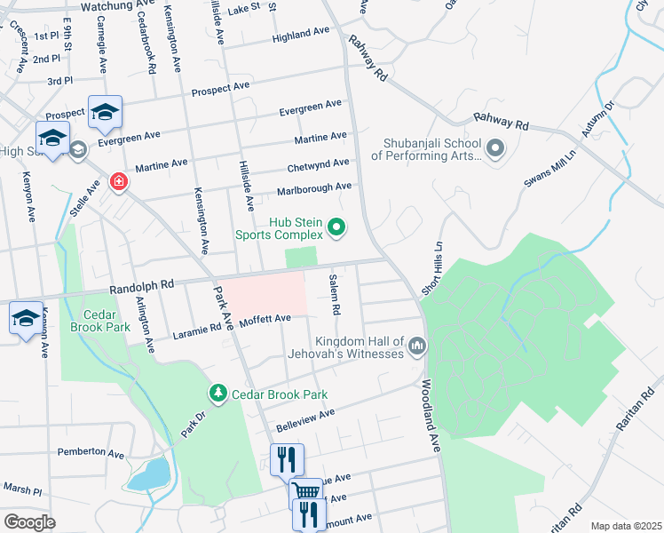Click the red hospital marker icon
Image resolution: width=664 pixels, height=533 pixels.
117,182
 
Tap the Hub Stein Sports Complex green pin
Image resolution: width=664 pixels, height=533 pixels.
336,228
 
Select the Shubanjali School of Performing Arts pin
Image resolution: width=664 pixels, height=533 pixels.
494,148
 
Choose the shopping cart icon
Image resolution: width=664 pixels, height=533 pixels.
306,491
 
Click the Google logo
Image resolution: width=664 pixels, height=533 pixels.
29,521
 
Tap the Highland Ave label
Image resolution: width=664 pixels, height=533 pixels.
301,35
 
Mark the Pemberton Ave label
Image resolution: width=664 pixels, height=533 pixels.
90,452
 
